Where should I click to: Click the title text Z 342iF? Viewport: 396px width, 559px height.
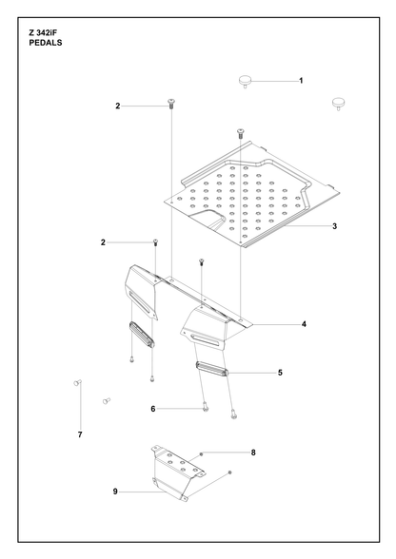(43, 32)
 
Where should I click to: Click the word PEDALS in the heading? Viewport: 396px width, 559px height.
(46, 43)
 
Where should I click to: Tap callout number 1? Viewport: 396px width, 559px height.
(301, 81)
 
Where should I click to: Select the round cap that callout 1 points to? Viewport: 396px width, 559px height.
(245, 81)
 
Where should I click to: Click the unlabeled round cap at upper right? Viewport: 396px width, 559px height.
(339, 104)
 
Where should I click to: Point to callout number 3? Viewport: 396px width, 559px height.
(334, 226)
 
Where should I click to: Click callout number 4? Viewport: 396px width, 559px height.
(304, 324)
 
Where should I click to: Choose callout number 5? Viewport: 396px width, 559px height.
(280, 373)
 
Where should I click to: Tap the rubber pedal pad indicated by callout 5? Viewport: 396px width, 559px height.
(211, 369)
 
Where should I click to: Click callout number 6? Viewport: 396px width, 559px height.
(153, 409)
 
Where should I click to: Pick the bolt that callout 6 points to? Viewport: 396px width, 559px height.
(206, 407)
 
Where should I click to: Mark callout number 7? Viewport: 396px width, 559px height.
(80, 434)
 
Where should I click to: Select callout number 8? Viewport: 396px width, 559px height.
(253, 453)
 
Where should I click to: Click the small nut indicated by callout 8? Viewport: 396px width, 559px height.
(202, 453)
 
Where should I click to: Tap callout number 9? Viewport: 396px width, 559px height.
(115, 492)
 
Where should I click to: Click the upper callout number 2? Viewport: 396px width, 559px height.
(118, 106)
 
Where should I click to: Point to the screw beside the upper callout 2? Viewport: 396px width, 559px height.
(171, 104)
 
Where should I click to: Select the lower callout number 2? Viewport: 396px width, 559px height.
(103, 242)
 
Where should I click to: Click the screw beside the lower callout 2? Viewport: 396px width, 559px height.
(155, 242)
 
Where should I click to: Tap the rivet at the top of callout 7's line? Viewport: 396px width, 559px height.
(77, 383)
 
